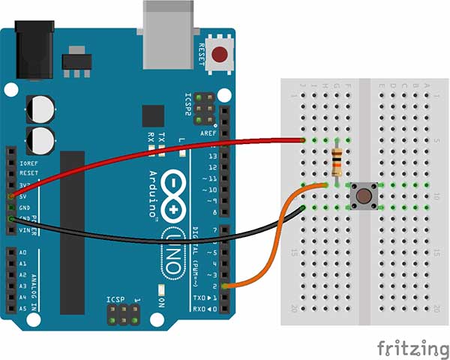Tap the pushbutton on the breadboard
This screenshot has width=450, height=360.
click(x=364, y=196)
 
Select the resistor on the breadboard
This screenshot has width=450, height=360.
click(x=338, y=160)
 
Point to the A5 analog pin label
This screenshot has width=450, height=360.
click(x=22, y=308)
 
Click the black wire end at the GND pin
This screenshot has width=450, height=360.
click(x=10, y=218)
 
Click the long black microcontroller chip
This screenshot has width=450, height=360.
click(x=73, y=225)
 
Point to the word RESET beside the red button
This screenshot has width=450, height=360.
click(x=201, y=55)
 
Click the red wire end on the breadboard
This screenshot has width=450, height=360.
click(x=302, y=140)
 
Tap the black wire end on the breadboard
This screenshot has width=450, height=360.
click(x=302, y=206)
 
